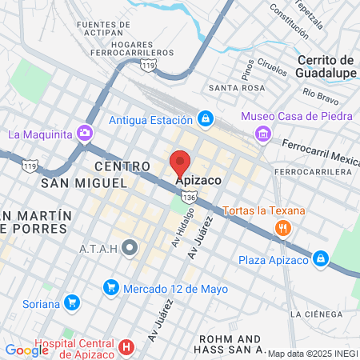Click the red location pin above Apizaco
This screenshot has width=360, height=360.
click(x=180, y=162)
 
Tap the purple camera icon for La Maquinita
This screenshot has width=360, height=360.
click(x=86, y=133)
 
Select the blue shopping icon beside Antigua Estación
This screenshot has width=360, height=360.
click(x=206, y=120)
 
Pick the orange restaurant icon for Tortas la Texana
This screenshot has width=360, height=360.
click(x=282, y=228)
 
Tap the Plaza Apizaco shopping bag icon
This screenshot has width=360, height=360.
click(x=320, y=259)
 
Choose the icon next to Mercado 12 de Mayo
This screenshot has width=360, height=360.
click(x=111, y=288)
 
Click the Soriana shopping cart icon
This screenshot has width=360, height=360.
click(x=73, y=303)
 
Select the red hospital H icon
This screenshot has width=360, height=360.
click(x=126, y=347)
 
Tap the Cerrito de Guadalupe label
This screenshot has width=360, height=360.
click(x=326, y=66)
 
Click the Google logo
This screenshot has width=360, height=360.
click(x=26, y=350)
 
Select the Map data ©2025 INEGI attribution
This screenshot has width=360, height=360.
click(x=312, y=354)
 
